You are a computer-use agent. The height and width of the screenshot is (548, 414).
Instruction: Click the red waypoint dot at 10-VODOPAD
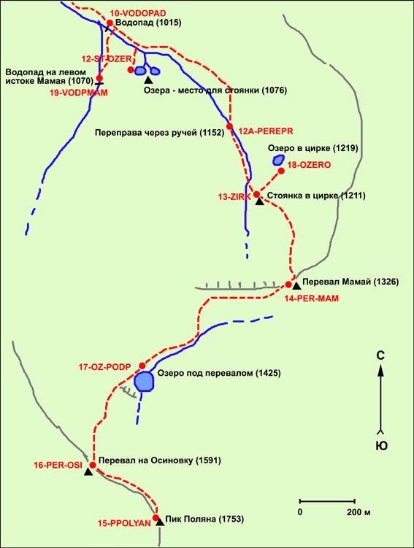(110, 23)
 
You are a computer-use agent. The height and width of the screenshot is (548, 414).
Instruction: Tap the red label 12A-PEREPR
(266, 131)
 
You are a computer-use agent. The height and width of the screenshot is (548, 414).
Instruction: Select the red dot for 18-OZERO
(281, 171)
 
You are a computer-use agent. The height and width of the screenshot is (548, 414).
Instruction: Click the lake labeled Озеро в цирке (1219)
(278, 160)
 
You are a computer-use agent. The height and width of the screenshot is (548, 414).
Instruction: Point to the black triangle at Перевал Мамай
(296, 286)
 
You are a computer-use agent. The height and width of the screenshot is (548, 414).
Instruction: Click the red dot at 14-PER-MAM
(288, 285)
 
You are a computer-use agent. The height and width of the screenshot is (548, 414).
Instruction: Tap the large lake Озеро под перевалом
(145, 382)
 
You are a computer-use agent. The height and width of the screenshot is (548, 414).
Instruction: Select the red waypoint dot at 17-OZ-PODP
(142, 366)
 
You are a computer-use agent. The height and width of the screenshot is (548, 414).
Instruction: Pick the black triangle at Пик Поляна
(160, 522)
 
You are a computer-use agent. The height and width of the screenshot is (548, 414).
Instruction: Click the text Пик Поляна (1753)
(205, 520)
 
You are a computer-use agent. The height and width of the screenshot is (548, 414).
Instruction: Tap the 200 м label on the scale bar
(359, 513)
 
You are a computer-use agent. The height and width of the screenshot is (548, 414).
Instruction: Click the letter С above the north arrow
(380, 356)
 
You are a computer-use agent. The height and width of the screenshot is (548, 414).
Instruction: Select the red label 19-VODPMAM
(79, 93)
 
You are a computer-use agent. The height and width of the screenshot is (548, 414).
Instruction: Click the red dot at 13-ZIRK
(257, 194)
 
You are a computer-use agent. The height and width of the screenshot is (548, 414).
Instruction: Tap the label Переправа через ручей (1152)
(159, 133)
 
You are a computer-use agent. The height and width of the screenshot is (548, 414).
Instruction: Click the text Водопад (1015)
(148, 23)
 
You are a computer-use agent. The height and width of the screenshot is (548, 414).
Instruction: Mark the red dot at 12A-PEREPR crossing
(230, 126)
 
